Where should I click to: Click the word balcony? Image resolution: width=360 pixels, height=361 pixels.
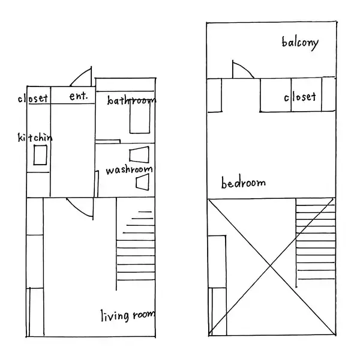tap(300, 43)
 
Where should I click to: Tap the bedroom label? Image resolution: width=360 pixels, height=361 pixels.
tap(244, 183)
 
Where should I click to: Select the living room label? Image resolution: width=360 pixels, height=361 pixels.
tap(128, 315)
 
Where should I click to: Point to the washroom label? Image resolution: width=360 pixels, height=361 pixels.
tap(129, 170)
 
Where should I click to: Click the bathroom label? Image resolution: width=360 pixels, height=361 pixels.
tap(131, 100)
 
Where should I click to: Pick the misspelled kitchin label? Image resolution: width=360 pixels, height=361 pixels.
tap(35, 138)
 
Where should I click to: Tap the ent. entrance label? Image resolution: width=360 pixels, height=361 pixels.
tap(79, 96)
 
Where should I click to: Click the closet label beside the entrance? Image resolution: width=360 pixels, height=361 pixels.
tap(33, 99)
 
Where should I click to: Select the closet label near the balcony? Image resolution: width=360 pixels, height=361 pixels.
tap(300, 97)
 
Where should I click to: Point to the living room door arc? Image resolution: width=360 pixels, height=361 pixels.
tap(78, 210)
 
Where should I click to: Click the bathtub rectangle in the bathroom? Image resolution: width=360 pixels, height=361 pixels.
tap(140, 117)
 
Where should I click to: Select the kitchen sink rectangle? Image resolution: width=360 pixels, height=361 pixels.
tap(40, 155)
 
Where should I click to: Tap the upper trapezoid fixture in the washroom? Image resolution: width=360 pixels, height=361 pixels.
tap(139, 154)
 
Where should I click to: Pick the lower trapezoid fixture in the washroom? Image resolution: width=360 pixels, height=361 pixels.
tap(142, 182)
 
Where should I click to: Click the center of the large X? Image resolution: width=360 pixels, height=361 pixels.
tap(271, 266)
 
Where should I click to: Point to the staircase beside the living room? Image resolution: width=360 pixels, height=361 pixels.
tap(136, 244)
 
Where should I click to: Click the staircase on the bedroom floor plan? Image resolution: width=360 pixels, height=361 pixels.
tap(316, 243)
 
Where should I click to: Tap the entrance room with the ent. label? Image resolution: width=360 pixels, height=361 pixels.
tap(73, 95)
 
